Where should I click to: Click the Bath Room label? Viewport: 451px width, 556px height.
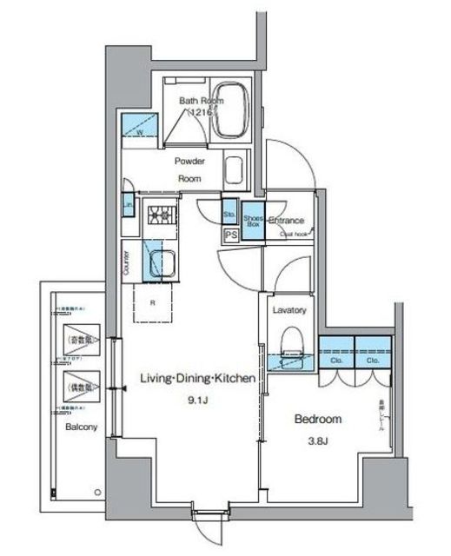click(202, 101)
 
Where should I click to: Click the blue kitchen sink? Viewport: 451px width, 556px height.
click(162, 261)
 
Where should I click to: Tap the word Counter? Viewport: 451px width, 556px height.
click(126, 262)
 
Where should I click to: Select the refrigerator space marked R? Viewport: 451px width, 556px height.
click(153, 304)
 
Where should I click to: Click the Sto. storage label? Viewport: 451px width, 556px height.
click(229, 212)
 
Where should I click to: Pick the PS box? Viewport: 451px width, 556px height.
click(231, 235)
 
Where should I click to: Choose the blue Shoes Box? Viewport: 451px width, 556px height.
click(253, 221)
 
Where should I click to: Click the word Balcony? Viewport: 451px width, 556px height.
click(79, 427)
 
